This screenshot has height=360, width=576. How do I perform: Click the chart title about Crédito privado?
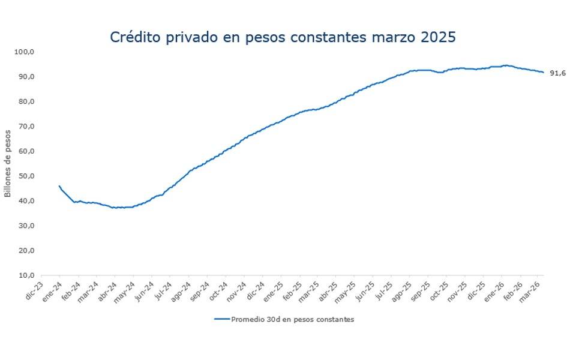(283, 37)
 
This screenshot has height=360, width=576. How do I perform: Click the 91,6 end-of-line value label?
(558, 73)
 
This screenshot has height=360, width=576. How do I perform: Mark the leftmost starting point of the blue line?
(59, 186)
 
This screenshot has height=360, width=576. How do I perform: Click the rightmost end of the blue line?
(543, 73)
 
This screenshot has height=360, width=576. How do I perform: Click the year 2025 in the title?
(437, 37)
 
